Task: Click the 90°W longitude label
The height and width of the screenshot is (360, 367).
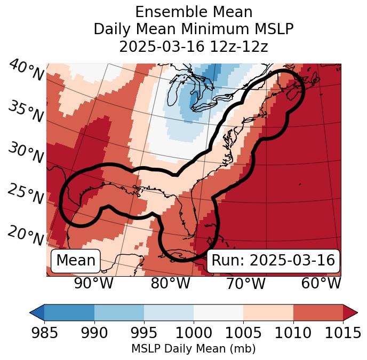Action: (94, 284)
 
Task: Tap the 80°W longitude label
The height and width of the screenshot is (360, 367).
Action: (170, 284)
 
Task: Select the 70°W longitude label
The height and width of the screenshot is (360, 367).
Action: (245, 284)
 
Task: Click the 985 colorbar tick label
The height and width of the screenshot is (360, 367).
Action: (44, 333)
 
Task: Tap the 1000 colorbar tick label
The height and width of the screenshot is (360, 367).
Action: (193, 333)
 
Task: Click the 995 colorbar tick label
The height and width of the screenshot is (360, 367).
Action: (143, 333)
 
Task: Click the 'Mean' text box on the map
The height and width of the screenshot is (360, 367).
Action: (76, 261)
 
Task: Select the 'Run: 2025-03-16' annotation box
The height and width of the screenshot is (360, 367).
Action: (273, 261)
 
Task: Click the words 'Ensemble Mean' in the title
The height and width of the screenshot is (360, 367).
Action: (194, 12)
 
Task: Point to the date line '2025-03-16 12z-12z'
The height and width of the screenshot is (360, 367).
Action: (194, 46)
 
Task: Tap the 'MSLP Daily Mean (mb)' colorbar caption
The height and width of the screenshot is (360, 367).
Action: (194, 349)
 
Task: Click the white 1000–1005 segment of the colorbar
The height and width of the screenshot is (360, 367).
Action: (218, 312)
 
